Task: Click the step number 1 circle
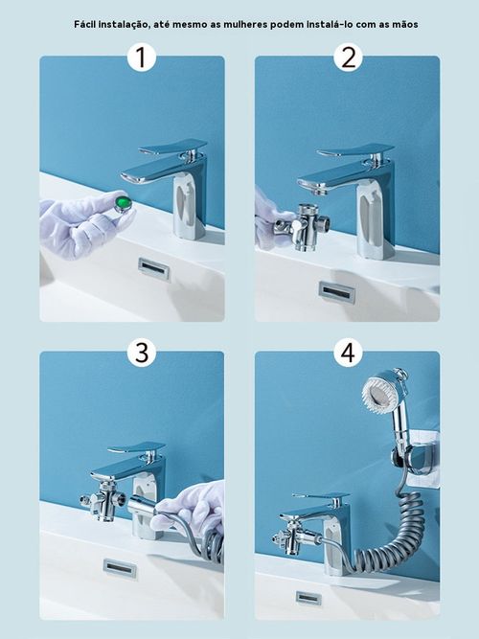click(x=141, y=57)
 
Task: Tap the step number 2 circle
click(x=347, y=57)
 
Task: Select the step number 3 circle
click(x=141, y=353)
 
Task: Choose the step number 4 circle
click(x=347, y=353)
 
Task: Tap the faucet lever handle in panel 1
click(x=172, y=148)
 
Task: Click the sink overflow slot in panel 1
click(x=153, y=268)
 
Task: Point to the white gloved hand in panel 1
click(x=77, y=226)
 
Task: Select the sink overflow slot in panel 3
click(x=120, y=568)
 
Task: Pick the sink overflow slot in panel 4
click(x=308, y=598)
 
